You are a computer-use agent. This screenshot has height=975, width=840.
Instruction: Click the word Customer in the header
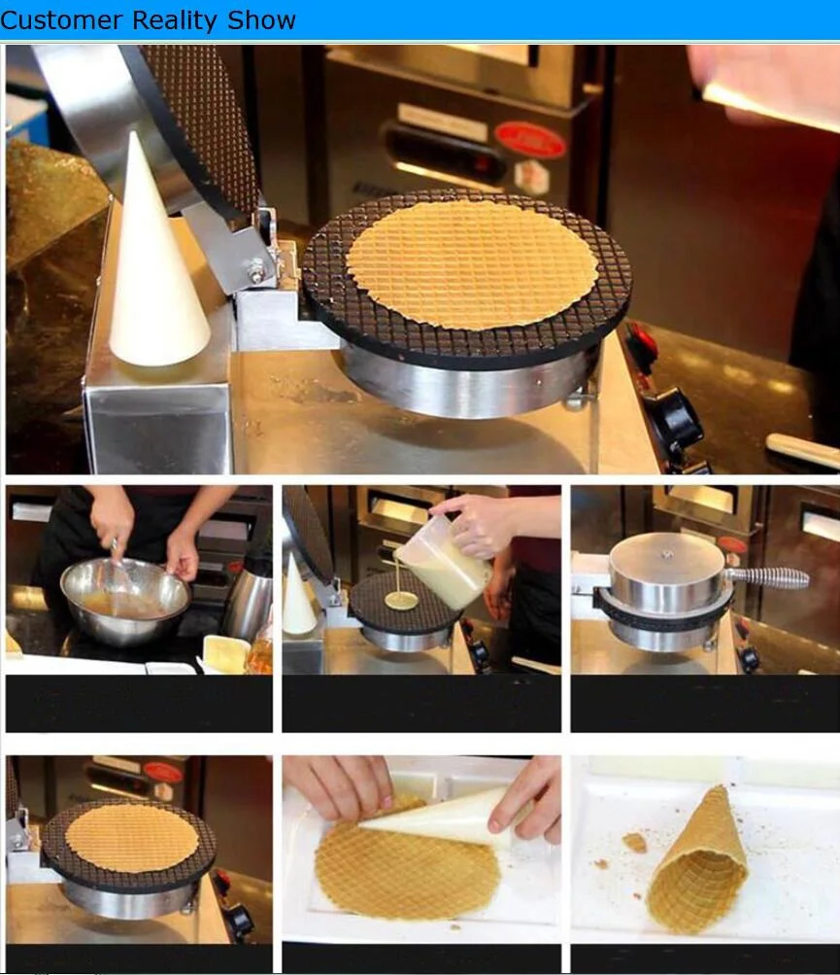(61, 19)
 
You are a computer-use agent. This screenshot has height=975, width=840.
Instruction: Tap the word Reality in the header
(175, 21)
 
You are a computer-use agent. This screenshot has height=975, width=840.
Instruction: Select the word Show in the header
(261, 19)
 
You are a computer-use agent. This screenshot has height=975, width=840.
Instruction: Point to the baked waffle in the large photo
(472, 263)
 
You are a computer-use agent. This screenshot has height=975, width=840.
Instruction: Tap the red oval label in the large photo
(530, 139)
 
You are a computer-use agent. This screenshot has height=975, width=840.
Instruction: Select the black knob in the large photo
(674, 420)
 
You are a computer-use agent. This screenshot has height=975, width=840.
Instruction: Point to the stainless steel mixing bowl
(125, 600)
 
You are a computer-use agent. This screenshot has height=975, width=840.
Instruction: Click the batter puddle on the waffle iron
(401, 600)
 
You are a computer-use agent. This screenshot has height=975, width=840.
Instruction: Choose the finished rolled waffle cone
(697, 861)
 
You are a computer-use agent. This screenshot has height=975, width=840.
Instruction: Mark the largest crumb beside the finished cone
(634, 843)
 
